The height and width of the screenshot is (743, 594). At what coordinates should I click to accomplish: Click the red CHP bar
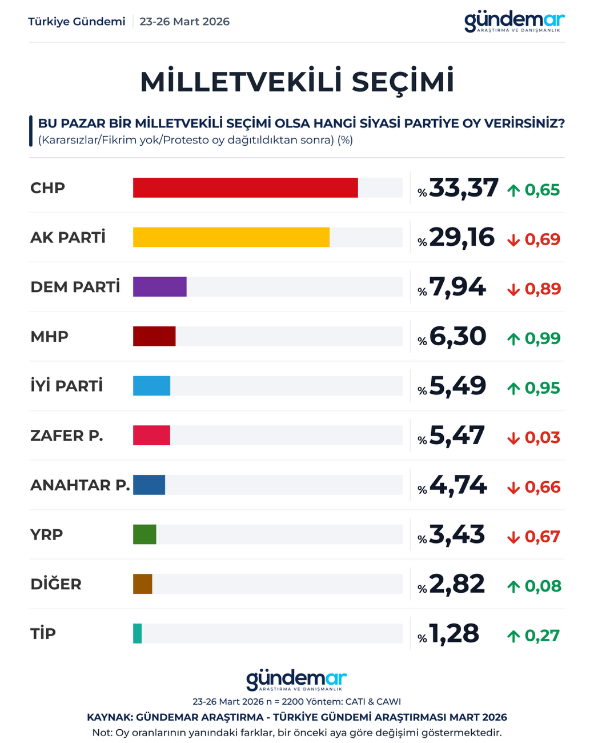click(245, 188)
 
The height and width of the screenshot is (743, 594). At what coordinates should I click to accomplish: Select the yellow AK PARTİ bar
click(231, 237)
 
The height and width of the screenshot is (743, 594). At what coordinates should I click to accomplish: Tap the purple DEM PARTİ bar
click(160, 287)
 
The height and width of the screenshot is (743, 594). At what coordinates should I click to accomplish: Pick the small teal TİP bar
click(137, 634)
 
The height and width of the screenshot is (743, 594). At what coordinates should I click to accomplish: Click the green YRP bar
click(145, 534)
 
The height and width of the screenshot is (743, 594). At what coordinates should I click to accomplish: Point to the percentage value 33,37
click(464, 188)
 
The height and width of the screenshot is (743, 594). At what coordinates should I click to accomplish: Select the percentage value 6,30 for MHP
click(457, 337)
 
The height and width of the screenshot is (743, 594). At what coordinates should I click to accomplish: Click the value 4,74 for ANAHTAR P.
click(458, 485)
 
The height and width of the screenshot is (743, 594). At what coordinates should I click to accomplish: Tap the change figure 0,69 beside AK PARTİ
click(542, 239)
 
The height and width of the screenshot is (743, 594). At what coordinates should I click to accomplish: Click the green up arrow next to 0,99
click(513, 339)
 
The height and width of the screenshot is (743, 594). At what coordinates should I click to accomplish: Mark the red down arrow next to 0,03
click(513, 438)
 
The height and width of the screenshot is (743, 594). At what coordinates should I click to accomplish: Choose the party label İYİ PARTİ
click(67, 386)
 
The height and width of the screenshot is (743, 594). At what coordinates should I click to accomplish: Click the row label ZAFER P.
click(67, 436)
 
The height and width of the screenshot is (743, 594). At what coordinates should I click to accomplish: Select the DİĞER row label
click(56, 584)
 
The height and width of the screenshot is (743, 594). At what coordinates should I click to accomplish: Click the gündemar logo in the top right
click(514, 22)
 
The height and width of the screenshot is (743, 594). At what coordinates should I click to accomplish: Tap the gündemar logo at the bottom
click(296, 680)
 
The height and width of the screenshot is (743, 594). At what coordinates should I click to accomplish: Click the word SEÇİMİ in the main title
click(403, 82)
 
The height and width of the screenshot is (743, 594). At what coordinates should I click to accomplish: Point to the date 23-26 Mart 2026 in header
click(184, 22)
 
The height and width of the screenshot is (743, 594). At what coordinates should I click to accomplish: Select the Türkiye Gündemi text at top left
click(77, 22)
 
